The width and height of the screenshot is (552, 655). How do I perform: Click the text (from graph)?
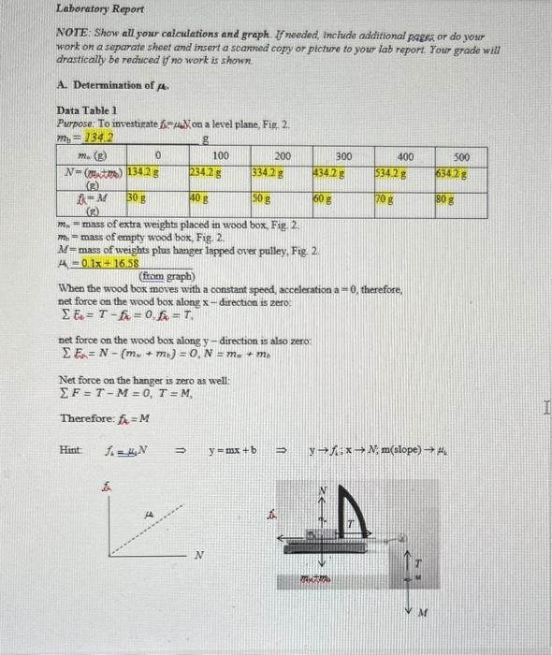[166, 278]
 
